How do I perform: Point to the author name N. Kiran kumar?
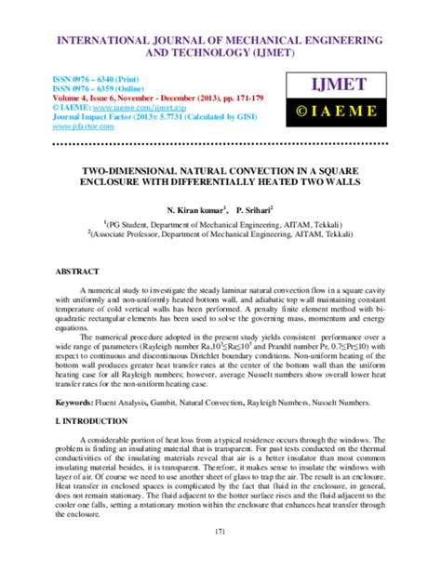coord(198,210)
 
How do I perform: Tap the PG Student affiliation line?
coord(222,224)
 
